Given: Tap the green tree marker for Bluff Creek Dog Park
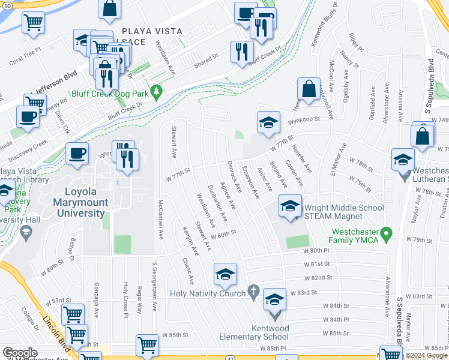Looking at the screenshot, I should click(x=157, y=92).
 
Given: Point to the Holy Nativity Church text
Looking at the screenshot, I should click(x=208, y=293).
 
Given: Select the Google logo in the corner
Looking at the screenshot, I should click(x=20, y=353).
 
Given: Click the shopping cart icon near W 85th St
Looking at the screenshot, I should click(x=147, y=346).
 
